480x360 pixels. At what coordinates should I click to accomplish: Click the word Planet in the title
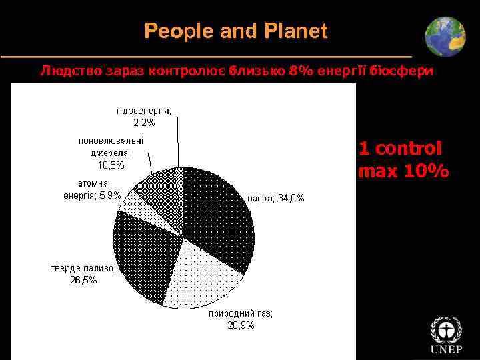[x=296, y=31]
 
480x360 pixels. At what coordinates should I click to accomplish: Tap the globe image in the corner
[x=445, y=37]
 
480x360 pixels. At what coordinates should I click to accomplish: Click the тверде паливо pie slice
[x=143, y=257]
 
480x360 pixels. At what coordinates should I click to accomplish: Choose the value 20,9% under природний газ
[x=240, y=325]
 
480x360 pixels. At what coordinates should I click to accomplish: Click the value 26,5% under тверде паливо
[x=83, y=280]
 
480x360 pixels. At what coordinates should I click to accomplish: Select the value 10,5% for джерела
[x=111, y=165]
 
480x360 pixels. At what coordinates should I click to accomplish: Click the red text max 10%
[x=403, y=171]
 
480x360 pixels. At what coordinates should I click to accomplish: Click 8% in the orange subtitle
[x=298, y=71]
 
